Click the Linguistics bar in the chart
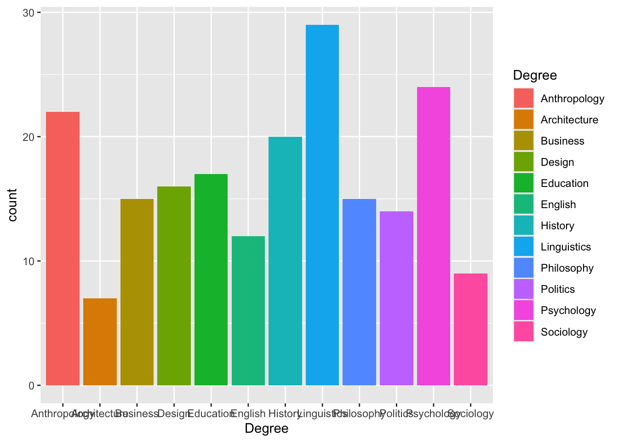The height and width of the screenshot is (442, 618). click(322, 205)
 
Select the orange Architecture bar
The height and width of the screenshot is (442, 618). click(100, 342)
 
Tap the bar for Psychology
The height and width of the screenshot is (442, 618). click(433, 236)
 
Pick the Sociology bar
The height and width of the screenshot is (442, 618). click(470, 329)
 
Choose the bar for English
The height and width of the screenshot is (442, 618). click(248, 311)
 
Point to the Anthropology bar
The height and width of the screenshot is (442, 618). click(63, 249)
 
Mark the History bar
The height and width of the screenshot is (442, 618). click(285, 261)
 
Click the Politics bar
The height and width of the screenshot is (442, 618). click(396, 298)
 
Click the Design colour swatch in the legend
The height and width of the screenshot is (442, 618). click(524, 162)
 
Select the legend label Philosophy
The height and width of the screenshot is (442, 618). click(567, 268)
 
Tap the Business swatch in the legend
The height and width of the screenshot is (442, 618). click(524, 141)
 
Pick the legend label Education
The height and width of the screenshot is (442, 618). click(564, 183)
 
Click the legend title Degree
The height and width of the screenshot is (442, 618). click(535, 75)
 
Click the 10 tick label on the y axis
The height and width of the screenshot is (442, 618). click(29, 261)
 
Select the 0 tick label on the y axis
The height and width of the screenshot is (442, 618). click(31, 385)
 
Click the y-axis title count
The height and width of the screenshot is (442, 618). click(12, 205)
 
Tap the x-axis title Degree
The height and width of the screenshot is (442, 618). click(267, 429)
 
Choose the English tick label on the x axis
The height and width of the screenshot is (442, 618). click(248, 413)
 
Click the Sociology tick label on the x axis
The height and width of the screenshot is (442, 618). click(470, 413)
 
